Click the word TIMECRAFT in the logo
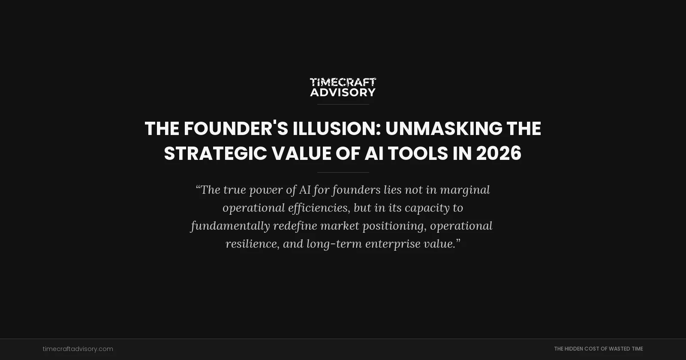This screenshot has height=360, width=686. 343,82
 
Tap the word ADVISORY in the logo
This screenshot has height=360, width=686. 343,92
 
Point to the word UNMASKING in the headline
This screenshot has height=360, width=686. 443,129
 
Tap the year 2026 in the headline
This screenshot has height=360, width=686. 499,153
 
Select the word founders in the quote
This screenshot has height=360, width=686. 356,190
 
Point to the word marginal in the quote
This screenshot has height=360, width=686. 465,190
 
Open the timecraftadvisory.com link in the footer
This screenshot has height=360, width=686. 78,349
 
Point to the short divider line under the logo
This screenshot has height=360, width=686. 343,104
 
